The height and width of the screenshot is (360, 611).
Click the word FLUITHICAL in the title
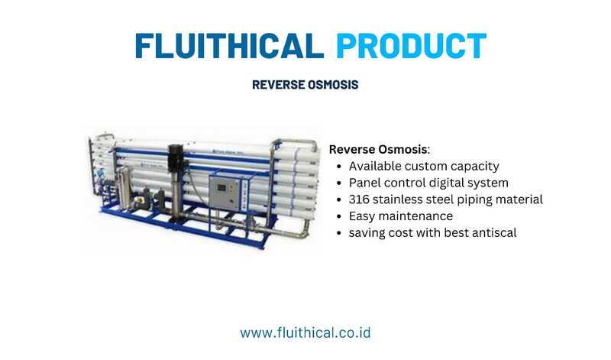click(x=230, y=46)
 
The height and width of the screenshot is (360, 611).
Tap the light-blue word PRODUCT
click(x=411, y=46)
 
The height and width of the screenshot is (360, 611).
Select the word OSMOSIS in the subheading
click(x=333, y=85)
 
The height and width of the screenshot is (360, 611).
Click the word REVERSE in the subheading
click(x=278, y=85)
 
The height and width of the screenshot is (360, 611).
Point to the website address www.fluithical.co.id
click(x=305, y=333)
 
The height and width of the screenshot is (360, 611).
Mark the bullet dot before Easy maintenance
click(x=339, y=217)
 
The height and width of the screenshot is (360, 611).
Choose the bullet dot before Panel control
click(x=339, y=183)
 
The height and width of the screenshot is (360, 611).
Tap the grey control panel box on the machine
click(x=224, y=193)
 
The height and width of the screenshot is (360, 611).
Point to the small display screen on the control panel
click(x=221, y=187)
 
